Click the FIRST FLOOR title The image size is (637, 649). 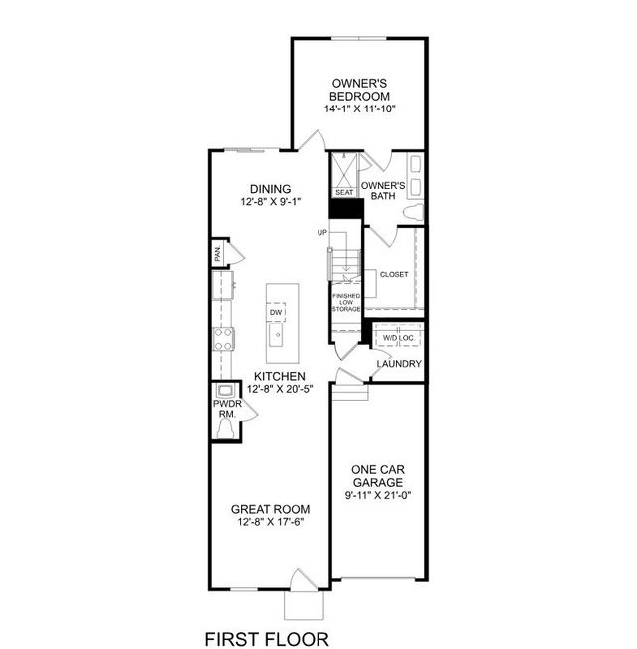[267, 639]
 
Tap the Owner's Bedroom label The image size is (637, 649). [359, 90]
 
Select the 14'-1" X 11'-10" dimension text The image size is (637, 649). [360, 108]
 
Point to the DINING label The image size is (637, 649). [271, 189]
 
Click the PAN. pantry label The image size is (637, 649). [218, 252]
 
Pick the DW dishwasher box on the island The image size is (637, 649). [276, 313]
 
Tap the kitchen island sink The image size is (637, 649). [276, 334]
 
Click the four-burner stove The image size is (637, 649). [223, 339]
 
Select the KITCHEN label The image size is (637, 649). [280, 376]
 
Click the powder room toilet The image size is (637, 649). [225, 428]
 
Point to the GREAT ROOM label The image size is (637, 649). [271, 509]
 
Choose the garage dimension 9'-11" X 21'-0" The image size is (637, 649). [378, 495]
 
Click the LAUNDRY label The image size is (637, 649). [399, 364]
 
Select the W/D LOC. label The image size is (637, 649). [398, 338]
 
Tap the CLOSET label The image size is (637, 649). [394, 274]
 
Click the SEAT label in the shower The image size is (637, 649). [344, 192]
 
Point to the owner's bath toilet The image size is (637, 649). [414, 212]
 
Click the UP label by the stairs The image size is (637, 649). [322, 233]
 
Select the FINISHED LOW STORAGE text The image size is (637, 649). [346, 303]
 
